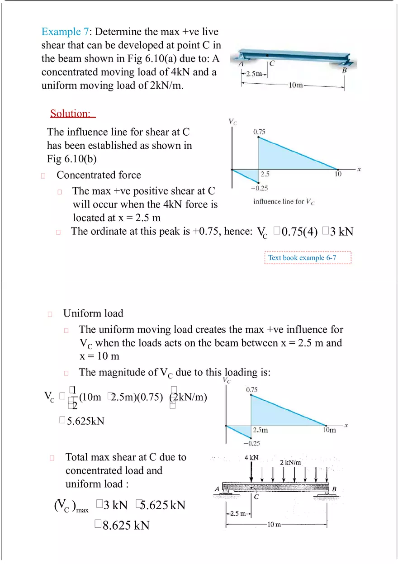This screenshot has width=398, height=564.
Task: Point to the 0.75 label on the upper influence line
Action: [x=259, y=132]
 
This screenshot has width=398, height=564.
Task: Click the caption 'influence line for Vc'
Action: [x=284, y=202]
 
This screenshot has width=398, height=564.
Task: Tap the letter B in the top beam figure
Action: [x=345, y=70]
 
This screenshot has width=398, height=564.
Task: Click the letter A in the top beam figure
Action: [x=241, y=64]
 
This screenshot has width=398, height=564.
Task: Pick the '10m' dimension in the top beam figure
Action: [x=296, y=85]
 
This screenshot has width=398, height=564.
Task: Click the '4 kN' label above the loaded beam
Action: [x=251, y=457]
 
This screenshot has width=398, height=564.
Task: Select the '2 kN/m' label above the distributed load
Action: [x=290, y=462]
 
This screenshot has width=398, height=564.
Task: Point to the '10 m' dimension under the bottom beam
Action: [x=275, y=525]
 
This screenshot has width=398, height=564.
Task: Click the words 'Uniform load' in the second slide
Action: [x=93, y=313]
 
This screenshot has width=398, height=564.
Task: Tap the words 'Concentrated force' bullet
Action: [x=99, y=175]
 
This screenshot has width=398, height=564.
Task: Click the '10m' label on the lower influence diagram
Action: [x=330, y=430]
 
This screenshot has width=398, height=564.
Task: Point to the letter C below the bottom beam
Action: [x=256, y=498]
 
